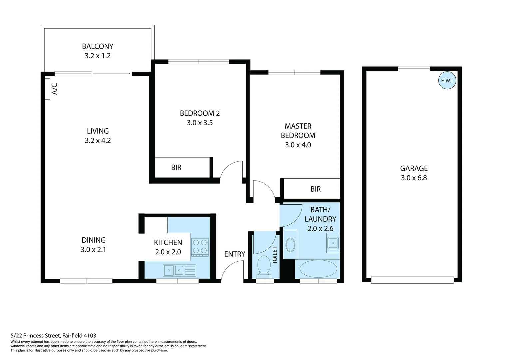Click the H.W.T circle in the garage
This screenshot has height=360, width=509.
tap(447, 81)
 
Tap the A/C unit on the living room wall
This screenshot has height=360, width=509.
tap(47, 89)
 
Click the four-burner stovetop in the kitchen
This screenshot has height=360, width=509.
tap(200, 247)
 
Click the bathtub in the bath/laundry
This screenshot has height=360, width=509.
tap(318, 269)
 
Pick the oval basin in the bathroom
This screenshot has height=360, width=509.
tap(290, 245)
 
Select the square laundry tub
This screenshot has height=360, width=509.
tap(333, 243)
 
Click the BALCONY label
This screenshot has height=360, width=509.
tap(98, 46)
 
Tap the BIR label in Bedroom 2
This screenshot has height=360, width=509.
tap(176, 168)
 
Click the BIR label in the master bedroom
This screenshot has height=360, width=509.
tap(315, 189)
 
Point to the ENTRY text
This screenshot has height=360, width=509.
tap(235, 254)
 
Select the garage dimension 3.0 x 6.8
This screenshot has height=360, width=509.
tap(414, 178)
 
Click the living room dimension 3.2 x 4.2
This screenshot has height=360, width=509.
tap(98, 141)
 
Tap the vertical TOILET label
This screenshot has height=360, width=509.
tap(275, 255)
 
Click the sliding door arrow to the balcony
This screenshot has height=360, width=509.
tap(112, 74)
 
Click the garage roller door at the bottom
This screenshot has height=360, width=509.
tap(412, 280)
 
